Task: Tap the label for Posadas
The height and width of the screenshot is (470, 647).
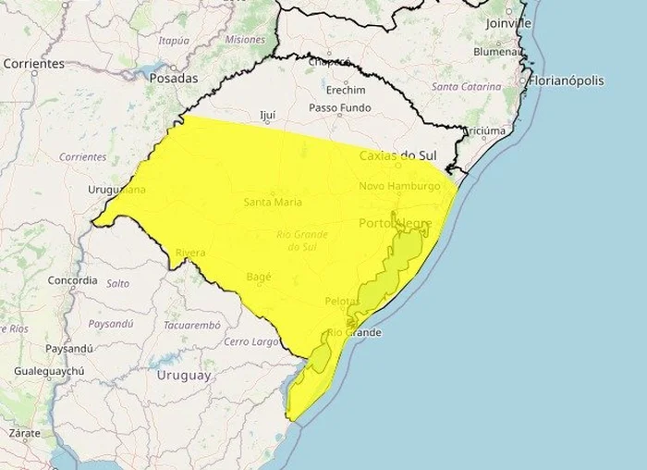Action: click(173, 79)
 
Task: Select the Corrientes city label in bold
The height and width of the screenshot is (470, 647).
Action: click(34, 64)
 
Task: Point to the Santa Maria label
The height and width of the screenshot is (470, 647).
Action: click(274, 202)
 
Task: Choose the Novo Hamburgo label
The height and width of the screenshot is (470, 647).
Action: click(399, 186)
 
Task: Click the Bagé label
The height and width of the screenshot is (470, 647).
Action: click(259, 277)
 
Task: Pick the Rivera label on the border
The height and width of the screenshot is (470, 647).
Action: click(189, 253)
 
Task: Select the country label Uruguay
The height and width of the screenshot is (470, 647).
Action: click(184, 376)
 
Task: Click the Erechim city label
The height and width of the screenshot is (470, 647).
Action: click(345, 90)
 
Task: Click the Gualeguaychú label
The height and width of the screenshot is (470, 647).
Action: click(49, 371)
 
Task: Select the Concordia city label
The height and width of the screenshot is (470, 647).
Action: click(73, 279)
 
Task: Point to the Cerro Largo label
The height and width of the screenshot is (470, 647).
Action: click(252, 341)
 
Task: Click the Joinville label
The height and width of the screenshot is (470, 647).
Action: click(508, 22)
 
